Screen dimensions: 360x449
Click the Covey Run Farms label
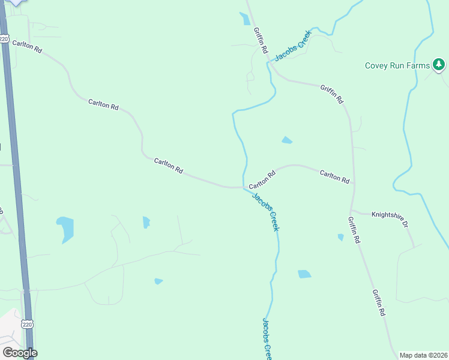[397, 65]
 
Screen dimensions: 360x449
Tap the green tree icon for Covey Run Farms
[439, 64]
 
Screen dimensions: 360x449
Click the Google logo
[20, 353]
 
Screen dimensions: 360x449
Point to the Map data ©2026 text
[423, 355]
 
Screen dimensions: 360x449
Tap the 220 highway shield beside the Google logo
[27, 325]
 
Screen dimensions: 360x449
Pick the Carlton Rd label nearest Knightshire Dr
[334, 176]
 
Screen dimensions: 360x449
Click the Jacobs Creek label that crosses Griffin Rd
[294, 45]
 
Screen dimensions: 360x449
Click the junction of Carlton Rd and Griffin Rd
[353, 184]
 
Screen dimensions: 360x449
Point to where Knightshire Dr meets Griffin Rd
[352, 211]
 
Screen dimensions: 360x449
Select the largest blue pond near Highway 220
[65, 229]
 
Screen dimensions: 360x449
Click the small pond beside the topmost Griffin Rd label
[245, 19]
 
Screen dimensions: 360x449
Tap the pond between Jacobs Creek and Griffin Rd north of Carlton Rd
[287, 140]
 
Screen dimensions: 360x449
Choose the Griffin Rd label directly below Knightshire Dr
[353, 230]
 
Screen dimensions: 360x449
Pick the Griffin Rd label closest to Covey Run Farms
[331, 93]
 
